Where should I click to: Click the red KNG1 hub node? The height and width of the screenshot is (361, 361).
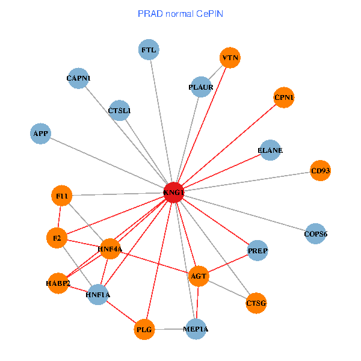click(x=173, y=193)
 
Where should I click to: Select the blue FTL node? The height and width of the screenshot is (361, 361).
click(x=149, y=50)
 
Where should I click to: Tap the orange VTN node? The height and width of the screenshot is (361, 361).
click(x=230, y=58)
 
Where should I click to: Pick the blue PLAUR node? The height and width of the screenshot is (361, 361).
click(x=200, y=87)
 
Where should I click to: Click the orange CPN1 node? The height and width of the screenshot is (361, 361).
click(x=284, y=97)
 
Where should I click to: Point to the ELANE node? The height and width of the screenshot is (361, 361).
click(x=270, y=150)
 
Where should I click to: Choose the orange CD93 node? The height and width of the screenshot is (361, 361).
click(x=321, y=171)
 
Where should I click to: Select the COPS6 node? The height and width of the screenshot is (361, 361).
click(x=315, y=233)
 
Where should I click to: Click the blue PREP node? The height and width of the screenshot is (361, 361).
click(x=258, y=250)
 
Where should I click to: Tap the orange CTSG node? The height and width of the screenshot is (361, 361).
click(x=256, y=303)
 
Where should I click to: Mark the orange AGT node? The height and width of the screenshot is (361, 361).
click(x=199, y=277)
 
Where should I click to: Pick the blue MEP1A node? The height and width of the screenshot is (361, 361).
click(x=197, y=329)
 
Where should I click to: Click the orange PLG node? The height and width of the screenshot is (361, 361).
click(x=144, y=329)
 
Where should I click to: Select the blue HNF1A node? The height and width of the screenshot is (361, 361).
click(x=98, y=294)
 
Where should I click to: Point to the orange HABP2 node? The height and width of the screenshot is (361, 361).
click(x=58, y=283)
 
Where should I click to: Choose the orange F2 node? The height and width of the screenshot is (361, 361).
click(x=57, y=238)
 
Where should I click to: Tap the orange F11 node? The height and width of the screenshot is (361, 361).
click(x=62, y=196)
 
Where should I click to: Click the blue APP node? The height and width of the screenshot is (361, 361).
click(x=41, y=133)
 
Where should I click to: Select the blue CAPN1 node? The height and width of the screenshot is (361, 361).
click(x=78, y=78)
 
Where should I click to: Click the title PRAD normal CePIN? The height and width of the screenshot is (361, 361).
click(x=180, y=13)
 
